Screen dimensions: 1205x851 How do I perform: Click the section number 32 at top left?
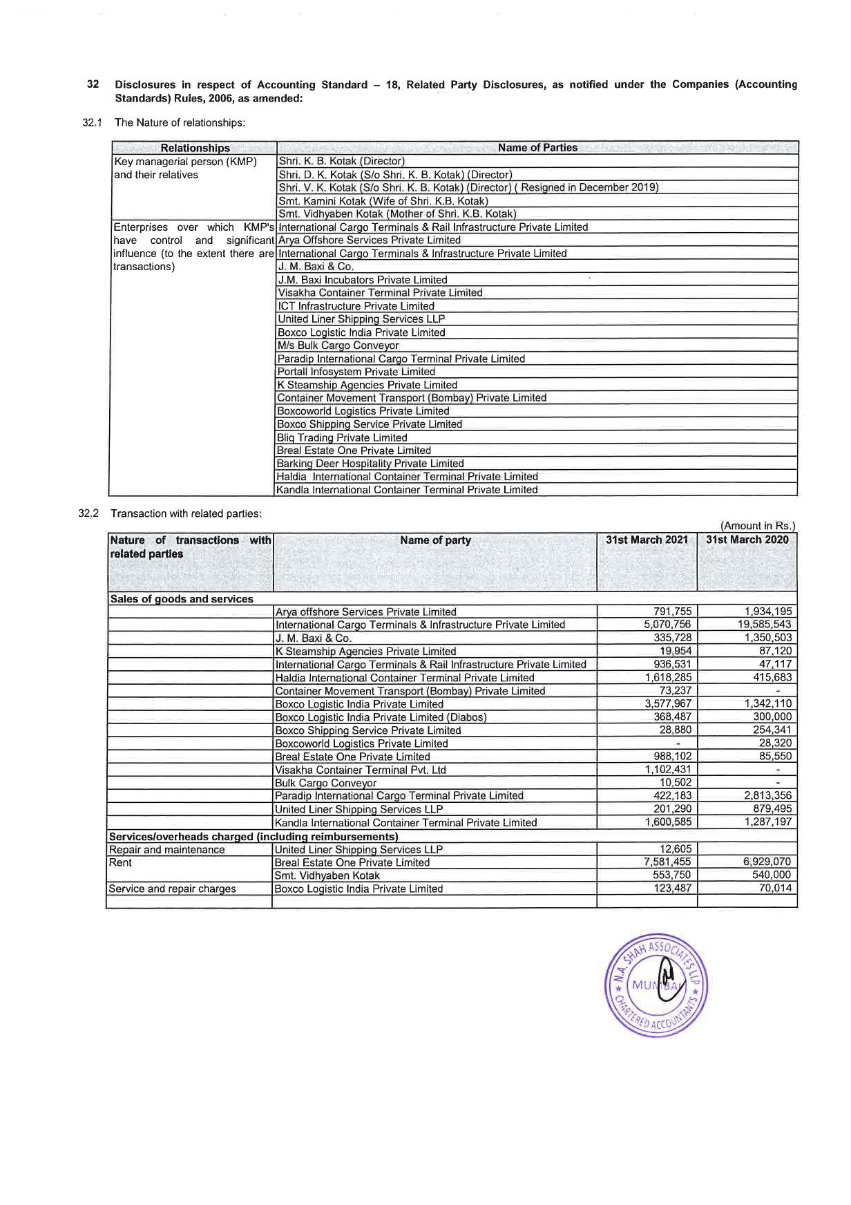pos(93,84)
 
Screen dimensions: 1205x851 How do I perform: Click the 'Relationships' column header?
pos(195,148)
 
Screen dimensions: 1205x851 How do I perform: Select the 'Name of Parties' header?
pos(537,147)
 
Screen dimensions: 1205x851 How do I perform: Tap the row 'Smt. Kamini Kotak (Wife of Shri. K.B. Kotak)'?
pos(383,201)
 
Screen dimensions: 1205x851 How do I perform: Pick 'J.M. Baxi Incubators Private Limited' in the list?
pos(362,280)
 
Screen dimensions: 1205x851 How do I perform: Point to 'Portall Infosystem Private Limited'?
pos(356,372)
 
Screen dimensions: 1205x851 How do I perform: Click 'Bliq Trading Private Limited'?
pos(342,437)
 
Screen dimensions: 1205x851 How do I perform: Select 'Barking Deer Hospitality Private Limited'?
pos(370,464)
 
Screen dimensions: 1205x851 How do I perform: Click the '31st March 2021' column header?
pos(647,540)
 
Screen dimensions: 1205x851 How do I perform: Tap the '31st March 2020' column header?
pos(747,540)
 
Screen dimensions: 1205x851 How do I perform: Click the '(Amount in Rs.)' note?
pos(757,526)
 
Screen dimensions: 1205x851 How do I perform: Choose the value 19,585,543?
pos(764,625)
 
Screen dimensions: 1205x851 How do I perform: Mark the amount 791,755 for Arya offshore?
pos(672,611)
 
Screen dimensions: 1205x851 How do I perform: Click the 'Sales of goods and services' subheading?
pos(182,599)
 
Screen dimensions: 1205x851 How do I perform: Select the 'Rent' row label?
pos(120,862)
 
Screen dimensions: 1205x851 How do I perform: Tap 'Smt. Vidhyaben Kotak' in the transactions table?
pos(327,875)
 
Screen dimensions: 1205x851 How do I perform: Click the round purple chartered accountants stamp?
pos(656,986)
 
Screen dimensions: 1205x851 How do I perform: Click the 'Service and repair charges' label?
pos(172,889)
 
